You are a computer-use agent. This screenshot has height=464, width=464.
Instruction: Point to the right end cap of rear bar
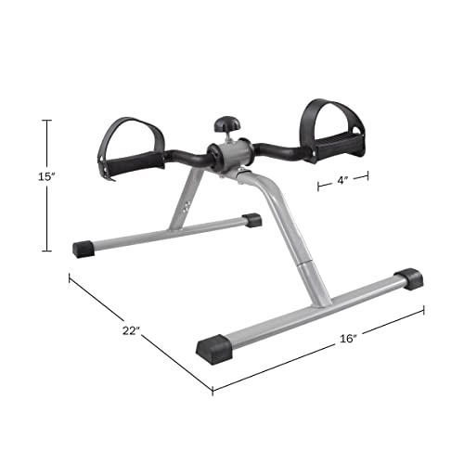tap(251, 221)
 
